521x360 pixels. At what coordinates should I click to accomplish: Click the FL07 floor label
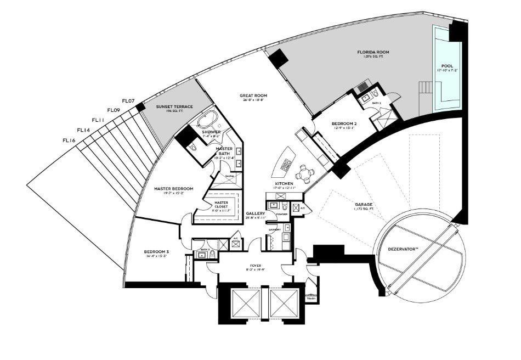point(128,100)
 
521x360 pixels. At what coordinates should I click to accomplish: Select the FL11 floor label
point(99,120)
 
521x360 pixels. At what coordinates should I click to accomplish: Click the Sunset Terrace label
point(174,106)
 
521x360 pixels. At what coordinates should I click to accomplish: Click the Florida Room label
point(375,53)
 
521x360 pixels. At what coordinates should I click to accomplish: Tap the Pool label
point(448,66)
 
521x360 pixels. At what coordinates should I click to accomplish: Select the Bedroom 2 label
point(344,124)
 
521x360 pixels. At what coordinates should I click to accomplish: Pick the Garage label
point(364,204)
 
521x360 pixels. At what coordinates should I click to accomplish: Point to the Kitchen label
point(284,183)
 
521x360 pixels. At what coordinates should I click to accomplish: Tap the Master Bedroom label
point(173,189)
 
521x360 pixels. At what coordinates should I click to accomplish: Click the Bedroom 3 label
point(157,252)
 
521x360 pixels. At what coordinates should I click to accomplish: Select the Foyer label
point(253,266)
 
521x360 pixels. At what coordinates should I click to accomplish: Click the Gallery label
point(256,213)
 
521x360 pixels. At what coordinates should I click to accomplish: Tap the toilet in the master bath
point(191,148)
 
